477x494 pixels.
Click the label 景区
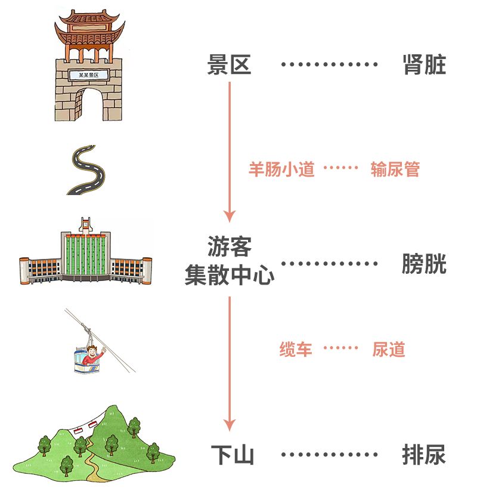(229, 64)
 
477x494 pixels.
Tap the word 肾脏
(424, 64)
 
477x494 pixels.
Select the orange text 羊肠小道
(281, 169)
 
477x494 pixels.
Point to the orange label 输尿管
(395, 169)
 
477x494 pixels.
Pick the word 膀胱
(424, 264)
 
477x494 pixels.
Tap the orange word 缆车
(296, 349)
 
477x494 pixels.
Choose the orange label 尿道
(388, 349)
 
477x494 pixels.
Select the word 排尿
(424, 455)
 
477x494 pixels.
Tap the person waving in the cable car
(92, 356)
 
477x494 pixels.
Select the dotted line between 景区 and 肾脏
(329, 64)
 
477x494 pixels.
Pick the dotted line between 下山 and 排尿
(329, 455)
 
